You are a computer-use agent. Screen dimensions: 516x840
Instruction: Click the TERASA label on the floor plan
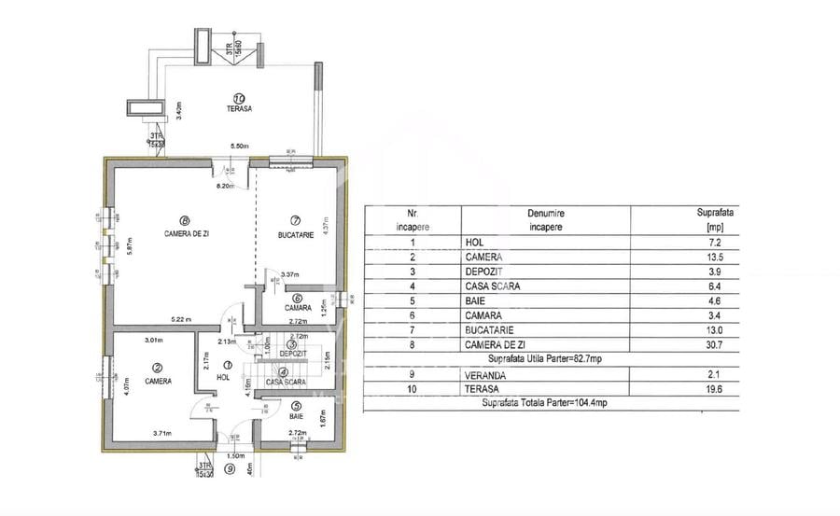[239, 109]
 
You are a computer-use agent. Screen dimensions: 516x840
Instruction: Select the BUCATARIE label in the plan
[295, 233]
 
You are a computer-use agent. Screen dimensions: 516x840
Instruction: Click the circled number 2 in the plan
[158, 368]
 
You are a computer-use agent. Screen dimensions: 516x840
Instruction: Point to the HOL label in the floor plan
[222, 377]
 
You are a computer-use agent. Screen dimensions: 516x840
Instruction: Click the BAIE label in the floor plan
[296, 418]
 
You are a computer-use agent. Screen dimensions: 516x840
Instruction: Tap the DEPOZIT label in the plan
[293, 354]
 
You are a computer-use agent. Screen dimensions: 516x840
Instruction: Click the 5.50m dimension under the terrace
[240, 146]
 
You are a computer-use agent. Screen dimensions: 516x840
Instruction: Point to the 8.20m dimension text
[224, 187]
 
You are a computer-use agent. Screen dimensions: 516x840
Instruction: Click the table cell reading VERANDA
[485, 374]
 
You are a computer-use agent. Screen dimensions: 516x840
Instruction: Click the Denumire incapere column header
[546, 220]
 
